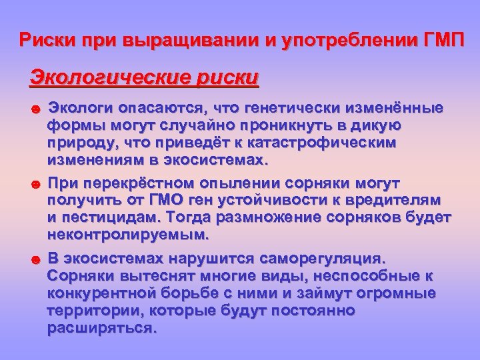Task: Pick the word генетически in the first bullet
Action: (x=290, y=109)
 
